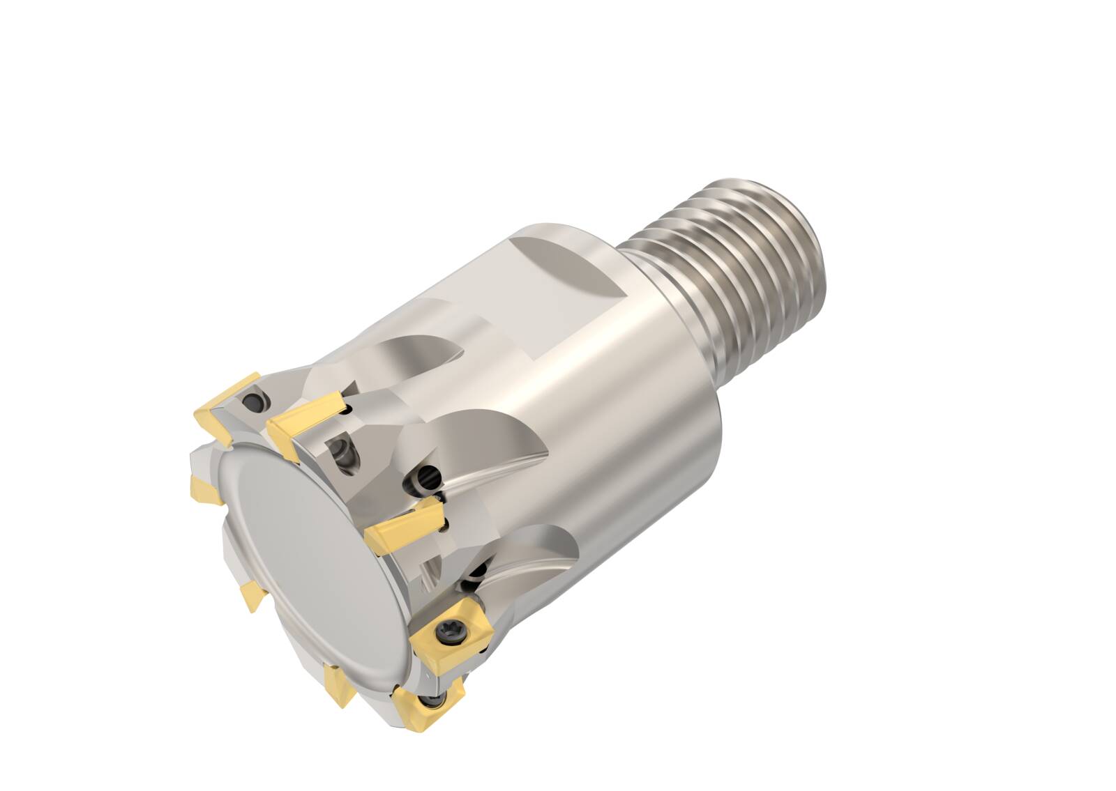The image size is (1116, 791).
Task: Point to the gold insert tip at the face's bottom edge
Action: tap(340, 684)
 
